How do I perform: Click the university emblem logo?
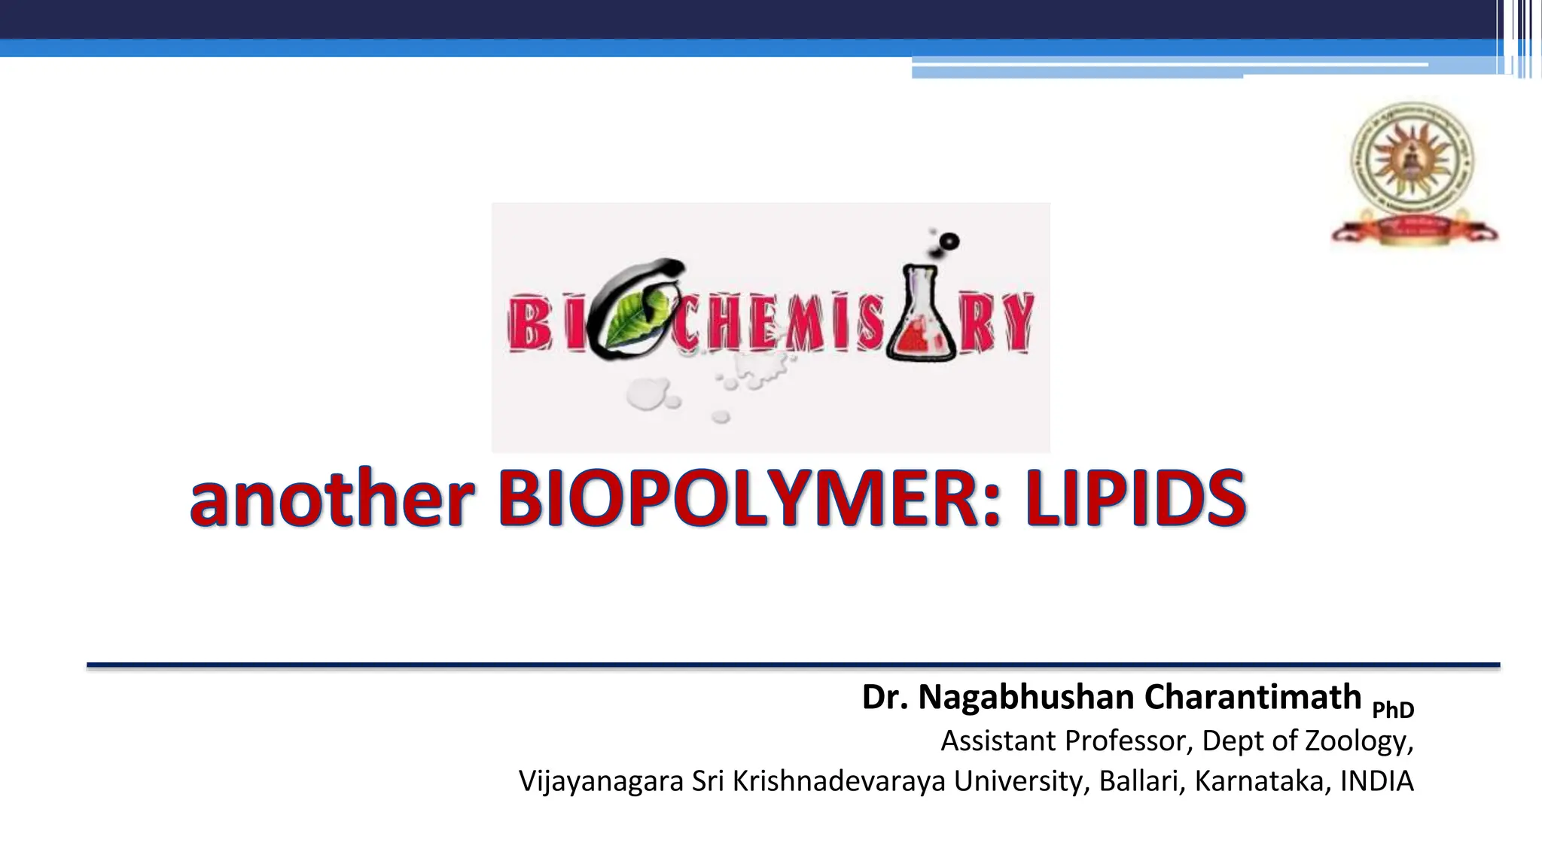[1413, 173]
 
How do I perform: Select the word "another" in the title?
[332, 499]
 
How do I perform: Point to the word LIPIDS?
[1135, 499]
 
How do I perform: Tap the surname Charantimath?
[1253, 697]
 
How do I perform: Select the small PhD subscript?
[1393, 710]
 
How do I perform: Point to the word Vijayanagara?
[601, 781]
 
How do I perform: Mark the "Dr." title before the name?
[885, 697]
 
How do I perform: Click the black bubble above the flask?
[949, 242]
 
